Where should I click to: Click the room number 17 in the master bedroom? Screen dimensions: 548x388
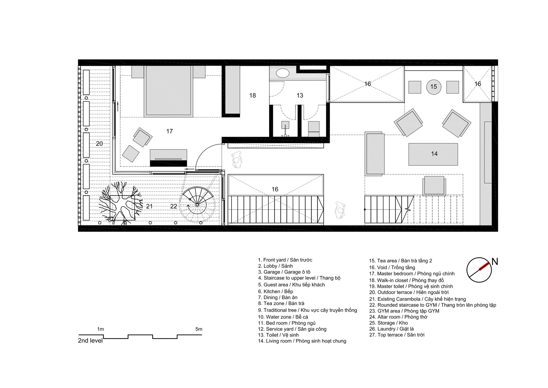169,131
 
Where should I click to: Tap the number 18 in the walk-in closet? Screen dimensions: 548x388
252,95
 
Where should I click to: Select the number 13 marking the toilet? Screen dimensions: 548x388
300,95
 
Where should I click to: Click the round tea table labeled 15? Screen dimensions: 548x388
433,87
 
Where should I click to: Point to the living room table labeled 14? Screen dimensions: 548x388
433,154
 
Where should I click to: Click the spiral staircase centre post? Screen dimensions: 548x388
197,205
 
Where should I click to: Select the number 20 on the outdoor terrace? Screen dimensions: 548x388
99,144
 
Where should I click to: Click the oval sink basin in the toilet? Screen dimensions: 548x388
282,73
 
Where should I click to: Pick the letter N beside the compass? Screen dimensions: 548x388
495,262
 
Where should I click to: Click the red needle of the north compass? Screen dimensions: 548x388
484,266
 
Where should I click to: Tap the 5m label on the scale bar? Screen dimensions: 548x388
199,329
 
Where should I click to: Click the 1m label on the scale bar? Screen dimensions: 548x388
101,329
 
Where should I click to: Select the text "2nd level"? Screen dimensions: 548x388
90,341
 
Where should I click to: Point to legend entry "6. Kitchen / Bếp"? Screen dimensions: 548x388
276,291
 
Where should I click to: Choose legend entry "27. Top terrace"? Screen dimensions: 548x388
397,335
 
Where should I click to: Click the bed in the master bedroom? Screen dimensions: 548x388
168,91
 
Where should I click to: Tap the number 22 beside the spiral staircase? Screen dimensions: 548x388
173,206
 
